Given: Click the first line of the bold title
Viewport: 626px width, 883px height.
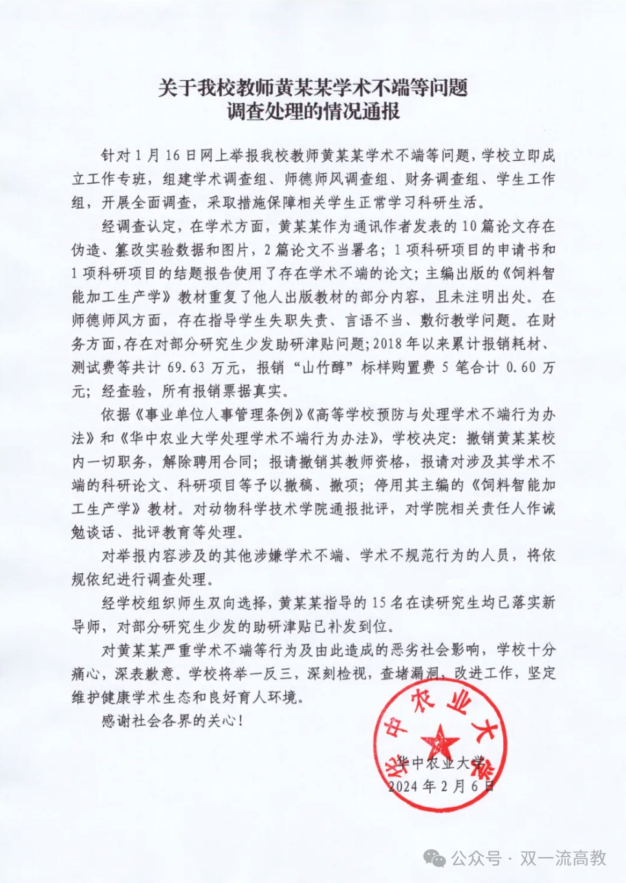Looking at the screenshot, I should pos(313,87).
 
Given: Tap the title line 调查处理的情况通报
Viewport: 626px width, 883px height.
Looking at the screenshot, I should pos(313,111).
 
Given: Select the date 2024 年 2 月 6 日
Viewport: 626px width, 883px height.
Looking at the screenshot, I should pos(442,786).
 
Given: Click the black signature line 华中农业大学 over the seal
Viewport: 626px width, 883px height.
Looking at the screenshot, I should pos(440,763).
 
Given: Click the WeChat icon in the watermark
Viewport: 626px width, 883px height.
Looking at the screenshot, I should pos(434,858).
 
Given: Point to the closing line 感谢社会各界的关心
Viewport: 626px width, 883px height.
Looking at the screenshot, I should pos(171,721).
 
